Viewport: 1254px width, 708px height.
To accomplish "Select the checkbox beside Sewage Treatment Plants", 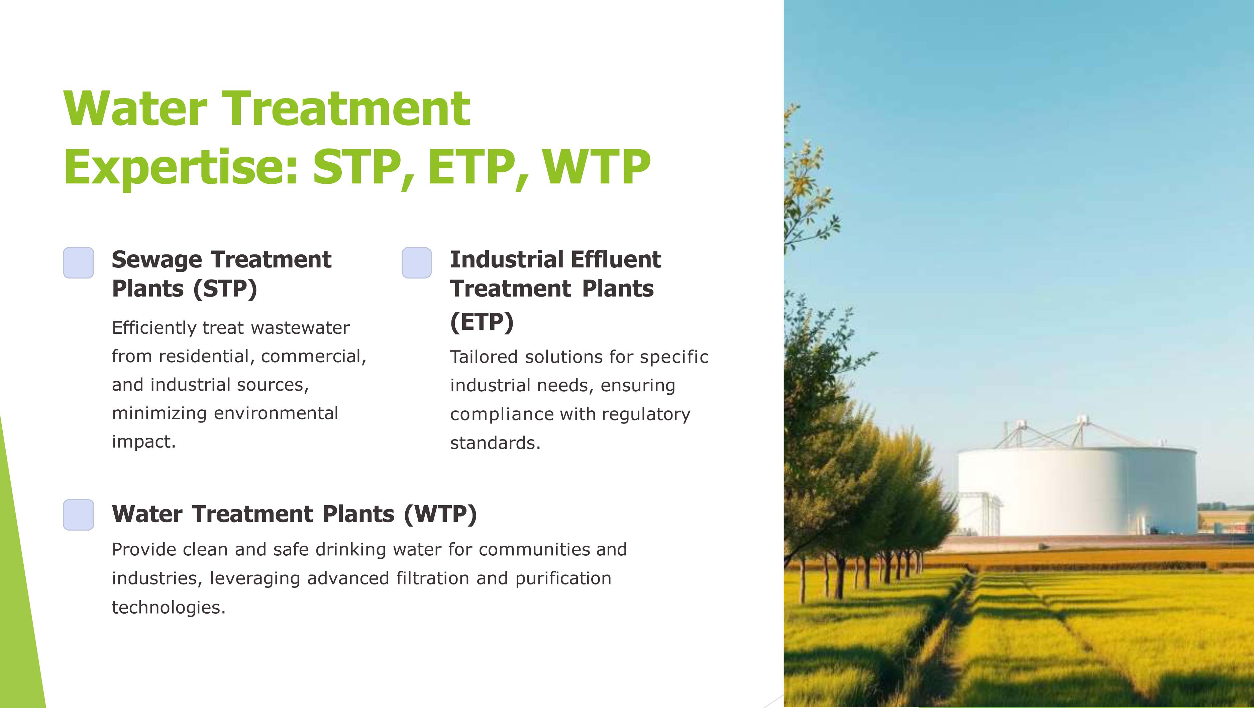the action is pos(78,263).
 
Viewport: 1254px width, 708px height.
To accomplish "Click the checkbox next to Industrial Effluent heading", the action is pos(417,263).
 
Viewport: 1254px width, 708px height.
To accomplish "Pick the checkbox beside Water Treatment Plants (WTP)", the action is pos(78,515).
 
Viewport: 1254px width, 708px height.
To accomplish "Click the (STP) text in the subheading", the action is pos(225,289).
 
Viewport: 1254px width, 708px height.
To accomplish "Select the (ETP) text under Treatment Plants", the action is pos(482,322).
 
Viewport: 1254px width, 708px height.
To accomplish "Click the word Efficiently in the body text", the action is pos(154,328).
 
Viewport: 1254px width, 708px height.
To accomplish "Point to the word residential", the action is pos(204,356).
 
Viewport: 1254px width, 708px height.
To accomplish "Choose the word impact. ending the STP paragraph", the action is pos(143,442).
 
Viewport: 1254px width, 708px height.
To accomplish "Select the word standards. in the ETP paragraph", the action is pos(495,443).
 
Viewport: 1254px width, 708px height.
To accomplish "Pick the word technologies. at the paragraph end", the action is pos(169,608).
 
